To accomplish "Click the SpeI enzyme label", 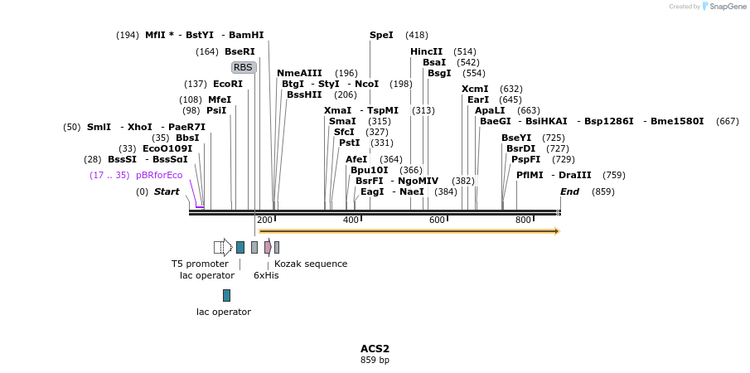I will (x=381, y=35).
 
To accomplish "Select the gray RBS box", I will (x=243, y=67).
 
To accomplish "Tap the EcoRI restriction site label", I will (x=228, y=84).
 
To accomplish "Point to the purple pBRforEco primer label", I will (x=159, y=175).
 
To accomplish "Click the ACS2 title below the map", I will (x=375, y=348).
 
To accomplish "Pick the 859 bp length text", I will (x=375, y=360).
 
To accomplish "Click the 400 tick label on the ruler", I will (x=351, y=220).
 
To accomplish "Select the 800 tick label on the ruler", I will (x=523, y=220).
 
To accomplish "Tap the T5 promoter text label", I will (x=200, y=264).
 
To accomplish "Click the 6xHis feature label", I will (x=266, y=275).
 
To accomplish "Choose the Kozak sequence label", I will (x=311, y=264).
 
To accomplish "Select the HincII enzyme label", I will (x=427, y=51).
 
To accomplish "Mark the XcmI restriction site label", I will (x=475, y=89).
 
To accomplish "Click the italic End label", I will (x=569, y=191).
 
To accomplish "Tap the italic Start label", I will (x=167, y=191).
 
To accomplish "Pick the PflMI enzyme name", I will (x=530, y=175).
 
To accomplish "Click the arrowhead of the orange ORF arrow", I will (x=556, y=231).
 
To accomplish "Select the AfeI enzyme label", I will (x=356, y=159).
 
